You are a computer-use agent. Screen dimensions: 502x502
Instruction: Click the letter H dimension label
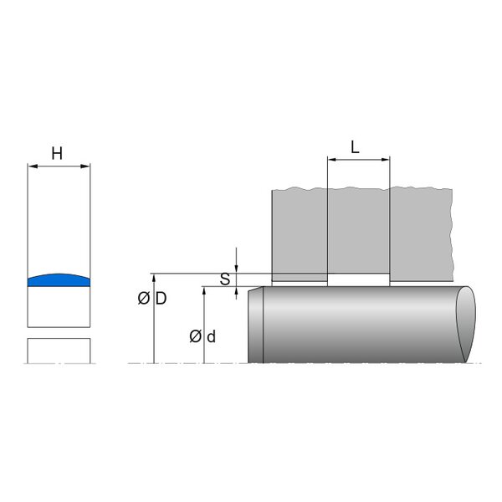tap(57, 154)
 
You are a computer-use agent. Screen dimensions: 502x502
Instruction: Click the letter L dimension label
tap(355, 147)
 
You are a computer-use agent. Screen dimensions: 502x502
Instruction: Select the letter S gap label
tap(225, 279)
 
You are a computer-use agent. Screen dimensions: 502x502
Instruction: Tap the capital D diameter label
tap(161, 299)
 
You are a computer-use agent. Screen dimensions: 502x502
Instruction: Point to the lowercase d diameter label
tap(212, 337)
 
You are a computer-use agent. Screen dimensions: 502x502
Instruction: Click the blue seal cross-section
tap(59, 280)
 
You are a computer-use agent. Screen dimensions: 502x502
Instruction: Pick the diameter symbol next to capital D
tap(144, 299)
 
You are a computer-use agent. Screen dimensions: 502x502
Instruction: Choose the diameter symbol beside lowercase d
tap(195, 337)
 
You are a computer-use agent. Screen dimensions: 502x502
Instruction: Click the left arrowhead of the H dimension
tap(33, 166)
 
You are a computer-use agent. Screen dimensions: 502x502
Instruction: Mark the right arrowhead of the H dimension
tap(85, 166)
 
